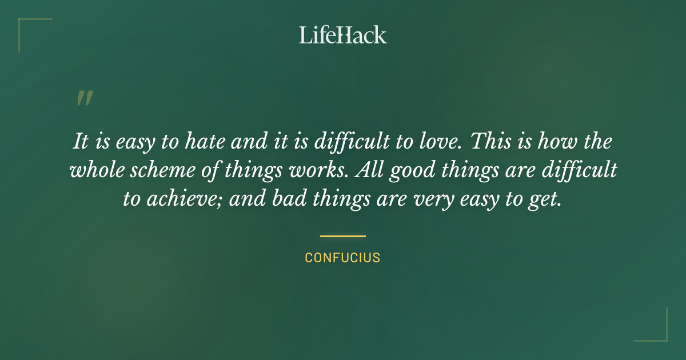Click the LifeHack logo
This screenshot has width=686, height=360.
(x=343, y=35)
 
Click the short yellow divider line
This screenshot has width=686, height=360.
(x=343, y=235)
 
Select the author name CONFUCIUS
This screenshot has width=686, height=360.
(x=343, y=258)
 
